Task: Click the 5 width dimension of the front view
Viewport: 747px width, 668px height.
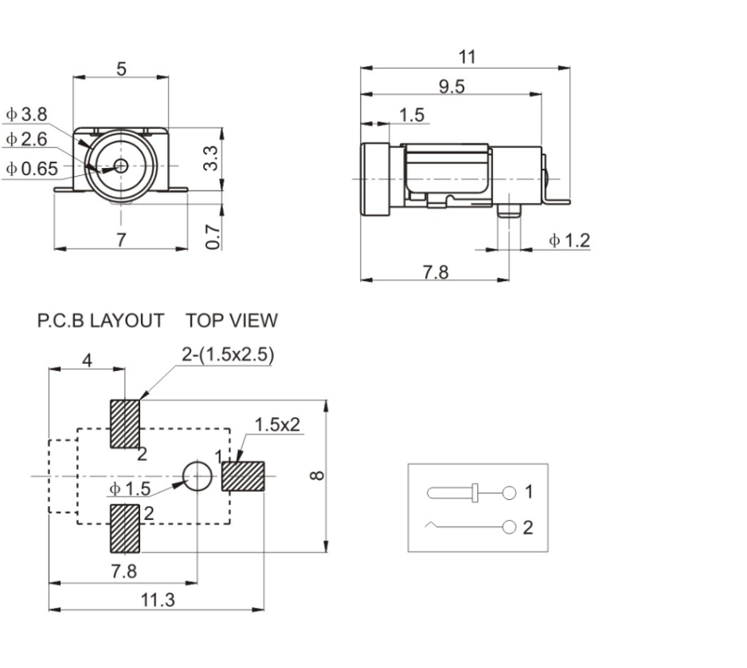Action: click(121, 69)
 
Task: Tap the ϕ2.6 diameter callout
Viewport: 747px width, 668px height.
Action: click(27, 139)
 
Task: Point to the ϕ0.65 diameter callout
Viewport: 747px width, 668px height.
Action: click(32, 168)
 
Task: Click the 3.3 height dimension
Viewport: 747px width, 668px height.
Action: click(209, 159)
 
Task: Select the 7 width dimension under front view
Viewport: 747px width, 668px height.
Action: click(121, 238)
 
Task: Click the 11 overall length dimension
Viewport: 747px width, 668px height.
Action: click(467, 57)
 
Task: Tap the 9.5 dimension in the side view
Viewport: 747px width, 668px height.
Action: click(452, 86)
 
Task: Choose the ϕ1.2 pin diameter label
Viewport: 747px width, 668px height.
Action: click(569, 240)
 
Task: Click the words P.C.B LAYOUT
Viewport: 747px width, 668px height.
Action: click(100, 321)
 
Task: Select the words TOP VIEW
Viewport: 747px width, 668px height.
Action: click(232, 321)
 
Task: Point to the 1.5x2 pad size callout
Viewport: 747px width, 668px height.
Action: click(277, 424)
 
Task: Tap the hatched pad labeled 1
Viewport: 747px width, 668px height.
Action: click(243, 476)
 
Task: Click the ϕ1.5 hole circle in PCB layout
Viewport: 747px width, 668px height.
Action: click(198, 476)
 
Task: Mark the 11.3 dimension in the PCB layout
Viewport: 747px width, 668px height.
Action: click(157, 600)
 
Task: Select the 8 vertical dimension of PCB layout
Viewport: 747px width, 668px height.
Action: click(317, 475)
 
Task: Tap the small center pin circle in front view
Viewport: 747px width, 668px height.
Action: click(121, 166)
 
